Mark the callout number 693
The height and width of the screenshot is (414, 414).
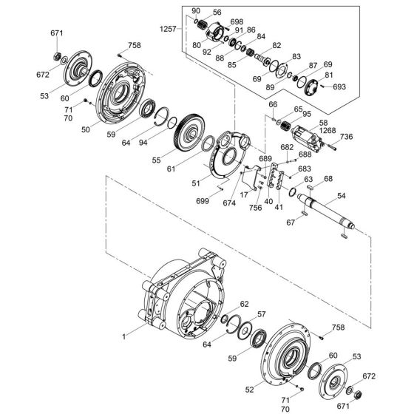coord(339,87)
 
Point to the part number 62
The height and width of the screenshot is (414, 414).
coord(244,303)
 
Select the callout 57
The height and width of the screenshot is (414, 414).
coord(261,315)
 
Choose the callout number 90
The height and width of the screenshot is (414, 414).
coord(195,11)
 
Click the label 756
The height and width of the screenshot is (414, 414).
coord(255,208)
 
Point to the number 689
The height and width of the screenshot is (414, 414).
coord(265,159)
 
